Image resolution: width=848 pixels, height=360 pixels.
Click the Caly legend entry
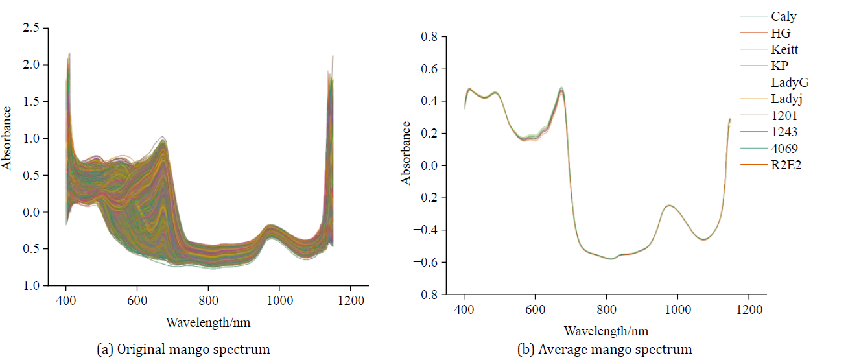pyautogui.click(x=784, y=16)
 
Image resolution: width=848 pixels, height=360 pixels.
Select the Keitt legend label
pyautogui.click(x=785, y=49)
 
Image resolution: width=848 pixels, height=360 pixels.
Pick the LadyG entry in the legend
pyautogui.click(x=790, y=82)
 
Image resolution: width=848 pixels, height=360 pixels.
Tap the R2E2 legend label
pyautogui.click(x=786, y=165)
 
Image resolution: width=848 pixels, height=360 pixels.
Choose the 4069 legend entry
pyautogui.click(x=784, y=149)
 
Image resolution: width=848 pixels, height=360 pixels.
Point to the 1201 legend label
pyautogui.click(x=784, y=115)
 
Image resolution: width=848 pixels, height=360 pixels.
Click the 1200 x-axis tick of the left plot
pyautogui.click(x=351, y=300)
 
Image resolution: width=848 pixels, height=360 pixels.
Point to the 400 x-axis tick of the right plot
pyautogui.click(x=464, y=309)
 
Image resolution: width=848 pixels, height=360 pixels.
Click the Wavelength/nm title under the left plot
pyautogui.click(x=207, y=322)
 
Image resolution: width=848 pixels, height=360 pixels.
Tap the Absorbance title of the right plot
pyautogui.click(x=406, y=153)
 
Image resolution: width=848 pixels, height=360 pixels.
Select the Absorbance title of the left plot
pyautogui.click(x=7, y=138)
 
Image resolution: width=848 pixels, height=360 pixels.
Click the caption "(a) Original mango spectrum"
pyautogui.click(x=183, y=349)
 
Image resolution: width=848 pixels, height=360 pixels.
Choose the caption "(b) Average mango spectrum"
pyautogui.click(x=605, y=349)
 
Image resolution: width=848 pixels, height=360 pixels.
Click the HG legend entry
pyautogui.click(x=781, y=33)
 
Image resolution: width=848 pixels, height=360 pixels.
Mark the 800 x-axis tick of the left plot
pyautogui.click(x=208, y=300)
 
